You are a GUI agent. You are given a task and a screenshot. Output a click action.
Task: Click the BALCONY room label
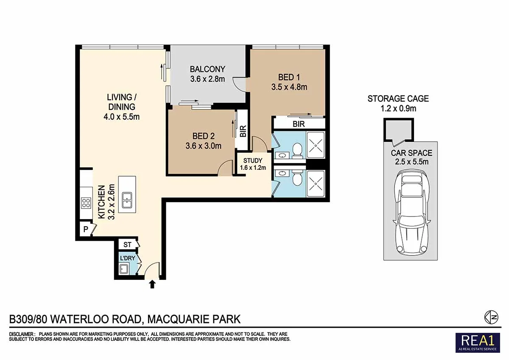[x=207, y=69]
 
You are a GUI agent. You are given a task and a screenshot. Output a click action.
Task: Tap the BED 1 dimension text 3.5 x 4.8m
[x=289, y=87]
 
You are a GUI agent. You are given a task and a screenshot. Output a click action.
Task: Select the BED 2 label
[x=203, y=136]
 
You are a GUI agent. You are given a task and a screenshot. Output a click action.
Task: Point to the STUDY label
[x=253, y=161]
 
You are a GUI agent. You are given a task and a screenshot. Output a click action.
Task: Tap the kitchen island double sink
[x=127, y=201]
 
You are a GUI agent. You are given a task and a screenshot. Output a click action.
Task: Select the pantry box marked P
[x=86, y=230]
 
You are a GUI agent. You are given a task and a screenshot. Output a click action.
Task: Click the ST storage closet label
[x=127, y=245]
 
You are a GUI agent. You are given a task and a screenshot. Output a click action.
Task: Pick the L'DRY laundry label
[x=127, y=258]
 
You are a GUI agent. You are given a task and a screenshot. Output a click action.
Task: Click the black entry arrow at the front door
[x=152, y=284]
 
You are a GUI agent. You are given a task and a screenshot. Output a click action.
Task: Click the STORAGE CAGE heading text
[x=398, y=99]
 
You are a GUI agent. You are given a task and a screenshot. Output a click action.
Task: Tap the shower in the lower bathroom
[x=316, y=183]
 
